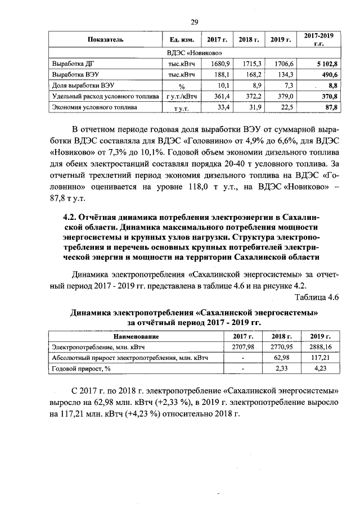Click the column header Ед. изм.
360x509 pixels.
click(181, 40)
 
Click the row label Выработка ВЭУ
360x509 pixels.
click(73, 75)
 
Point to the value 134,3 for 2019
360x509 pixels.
click(286, 75)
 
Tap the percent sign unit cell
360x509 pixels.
click(182, 86)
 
